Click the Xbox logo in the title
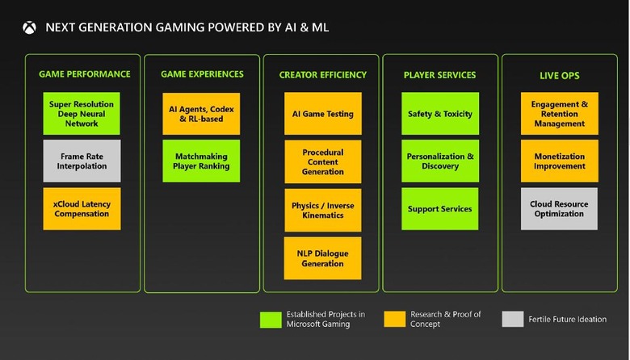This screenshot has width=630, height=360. (29, 27)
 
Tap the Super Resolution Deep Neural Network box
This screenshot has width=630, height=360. (82, 114)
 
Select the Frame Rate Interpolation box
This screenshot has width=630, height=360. (82, 161)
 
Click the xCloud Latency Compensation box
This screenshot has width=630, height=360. (82, 209)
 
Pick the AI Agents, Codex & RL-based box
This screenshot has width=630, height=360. (201, 114)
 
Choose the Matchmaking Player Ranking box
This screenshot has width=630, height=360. (201, 161)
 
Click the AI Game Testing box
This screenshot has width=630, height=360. (322, 114)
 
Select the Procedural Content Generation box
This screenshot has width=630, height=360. (322, 161)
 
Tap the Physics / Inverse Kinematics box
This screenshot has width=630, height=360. (322, 211)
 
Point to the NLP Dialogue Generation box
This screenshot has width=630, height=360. (322, 258)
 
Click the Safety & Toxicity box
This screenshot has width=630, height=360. (440, 114)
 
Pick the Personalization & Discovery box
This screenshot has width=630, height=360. (440, 161)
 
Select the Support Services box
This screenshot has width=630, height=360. (440, 209)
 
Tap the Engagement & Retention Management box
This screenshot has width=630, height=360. (559, 114)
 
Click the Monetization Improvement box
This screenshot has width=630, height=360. (559, 161)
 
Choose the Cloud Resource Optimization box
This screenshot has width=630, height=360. (559, 209)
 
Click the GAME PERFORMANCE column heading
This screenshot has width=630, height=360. (84, 74)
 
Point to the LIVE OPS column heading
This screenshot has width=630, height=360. (559, 76)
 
